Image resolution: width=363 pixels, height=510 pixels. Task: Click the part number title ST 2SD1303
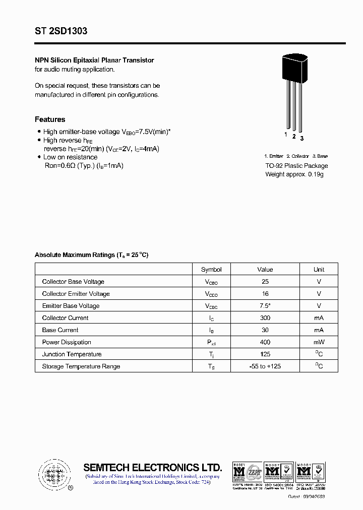pos(61,31)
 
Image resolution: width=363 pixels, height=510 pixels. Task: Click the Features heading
pos(50,119)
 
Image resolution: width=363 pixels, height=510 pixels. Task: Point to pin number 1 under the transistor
pos(286,135)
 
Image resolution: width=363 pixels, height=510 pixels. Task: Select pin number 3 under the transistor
pos(301,138)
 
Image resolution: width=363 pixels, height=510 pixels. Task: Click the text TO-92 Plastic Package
pos(296,166)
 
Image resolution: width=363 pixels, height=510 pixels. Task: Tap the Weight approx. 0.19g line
pos(294,174)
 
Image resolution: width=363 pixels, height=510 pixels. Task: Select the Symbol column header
pos(211,270)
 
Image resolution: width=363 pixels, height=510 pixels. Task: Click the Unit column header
pos(319,270)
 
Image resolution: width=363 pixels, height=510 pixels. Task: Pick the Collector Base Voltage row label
pos(73,282)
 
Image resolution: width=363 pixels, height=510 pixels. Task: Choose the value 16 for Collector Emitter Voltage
pos(265,294)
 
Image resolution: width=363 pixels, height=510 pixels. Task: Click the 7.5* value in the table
pos(265,306)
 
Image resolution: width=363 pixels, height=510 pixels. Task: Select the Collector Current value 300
pos(265,318)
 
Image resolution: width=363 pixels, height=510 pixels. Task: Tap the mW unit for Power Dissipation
pos(319,342)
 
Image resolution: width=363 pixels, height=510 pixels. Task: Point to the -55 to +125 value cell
pos(265,366)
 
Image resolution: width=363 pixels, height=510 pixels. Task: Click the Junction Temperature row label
pos(72,354)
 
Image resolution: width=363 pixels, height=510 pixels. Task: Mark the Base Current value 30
pos(265,330)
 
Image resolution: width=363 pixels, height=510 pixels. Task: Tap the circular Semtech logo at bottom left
pos(53,474)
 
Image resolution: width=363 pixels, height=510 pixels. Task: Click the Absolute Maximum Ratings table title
pos(91,255)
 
